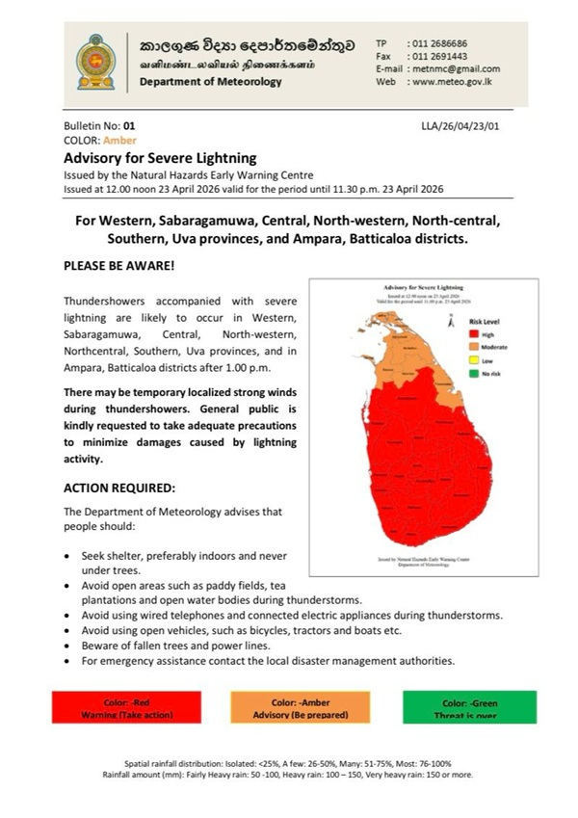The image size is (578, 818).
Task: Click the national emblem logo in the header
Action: (x=95, y=63)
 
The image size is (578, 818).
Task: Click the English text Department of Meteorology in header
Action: (x=211, y=82)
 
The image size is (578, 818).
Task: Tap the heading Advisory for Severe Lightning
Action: (x=160, y=157)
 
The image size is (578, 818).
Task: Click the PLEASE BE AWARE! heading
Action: (x=119, y=263)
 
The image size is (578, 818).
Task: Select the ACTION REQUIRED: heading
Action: (x=119, y=488)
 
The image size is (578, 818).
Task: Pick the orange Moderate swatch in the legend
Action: (x=451, y=345)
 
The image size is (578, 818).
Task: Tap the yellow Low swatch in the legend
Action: (x=451, y=358)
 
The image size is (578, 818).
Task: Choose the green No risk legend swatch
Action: (x=451, y=372)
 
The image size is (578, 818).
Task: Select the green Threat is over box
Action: (x=469, y=707)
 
